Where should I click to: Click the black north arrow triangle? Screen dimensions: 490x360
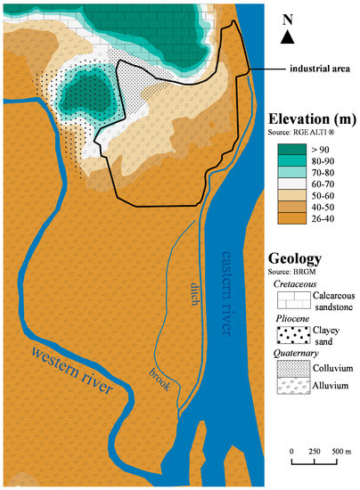click(x=286, y=37)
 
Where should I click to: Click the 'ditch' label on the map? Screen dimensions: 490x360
click(x=193, y=295)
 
